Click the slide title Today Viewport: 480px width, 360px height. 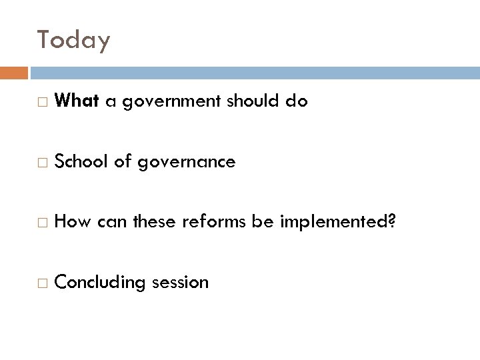click(x=73, y=41)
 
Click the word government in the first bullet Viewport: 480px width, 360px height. click(x=165, y=102)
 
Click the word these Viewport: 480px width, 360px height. click(x=155, y=221)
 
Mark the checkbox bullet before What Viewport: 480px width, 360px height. click(x=43, y=103)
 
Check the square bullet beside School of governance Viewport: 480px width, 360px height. click(x=43, y=163)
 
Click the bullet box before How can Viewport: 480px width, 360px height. click(x=43, y=223)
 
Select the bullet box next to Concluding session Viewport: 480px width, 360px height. click(x=43, y=283)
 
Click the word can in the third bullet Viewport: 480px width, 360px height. click(x=111, y=222)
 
